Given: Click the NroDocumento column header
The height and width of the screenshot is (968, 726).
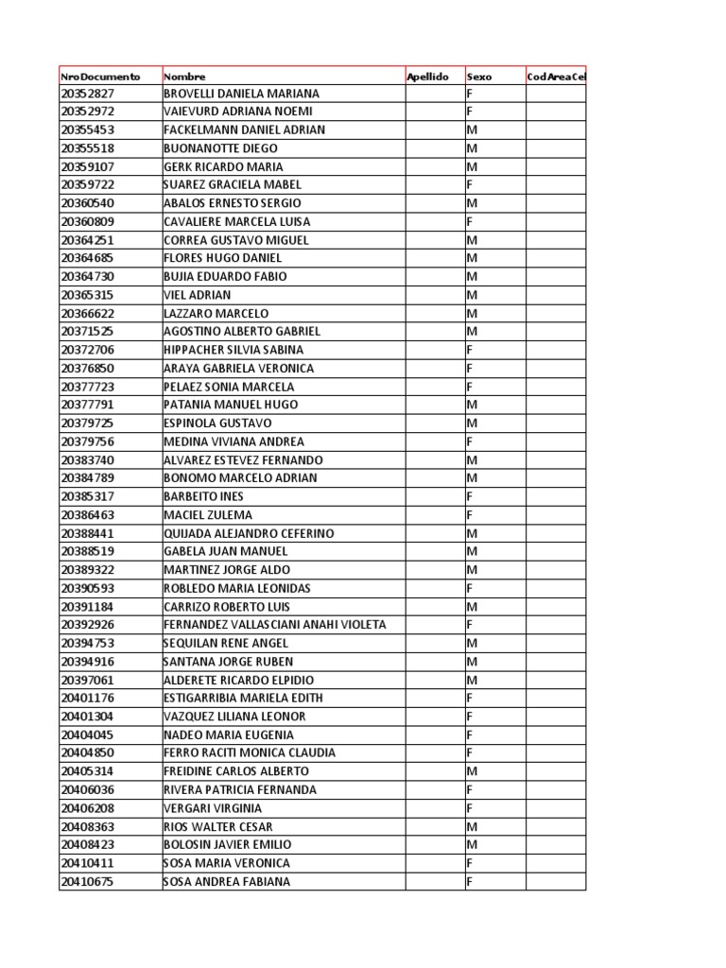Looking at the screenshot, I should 99,76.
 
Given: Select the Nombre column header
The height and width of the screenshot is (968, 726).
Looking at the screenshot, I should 184,76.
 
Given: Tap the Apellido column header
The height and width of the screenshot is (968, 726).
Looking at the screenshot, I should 428,76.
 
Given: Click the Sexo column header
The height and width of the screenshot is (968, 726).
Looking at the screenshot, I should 479,76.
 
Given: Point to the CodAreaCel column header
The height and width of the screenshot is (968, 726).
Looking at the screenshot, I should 557,76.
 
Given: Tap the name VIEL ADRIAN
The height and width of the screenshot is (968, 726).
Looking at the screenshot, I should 197,295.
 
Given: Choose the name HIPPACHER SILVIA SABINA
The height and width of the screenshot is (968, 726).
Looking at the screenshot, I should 233,350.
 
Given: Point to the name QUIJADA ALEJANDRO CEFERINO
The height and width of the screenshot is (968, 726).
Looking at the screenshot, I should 249,533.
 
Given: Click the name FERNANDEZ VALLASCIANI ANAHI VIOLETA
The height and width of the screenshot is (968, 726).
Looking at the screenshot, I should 275,625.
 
